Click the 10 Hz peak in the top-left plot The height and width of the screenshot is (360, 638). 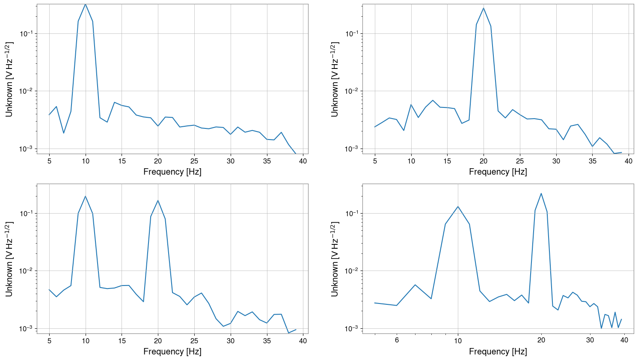pyautogui.click(x=86, y=5)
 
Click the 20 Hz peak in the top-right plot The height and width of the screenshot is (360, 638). pyautogui.click(x=484, y=8)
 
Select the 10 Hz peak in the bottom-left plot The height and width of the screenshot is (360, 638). pyautogui.click(x=86, y=196)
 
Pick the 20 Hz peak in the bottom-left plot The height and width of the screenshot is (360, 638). pyautogui.click(x=158, y=200)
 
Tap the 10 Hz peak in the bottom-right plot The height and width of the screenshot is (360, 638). pyautogui.click(x=458, y=207)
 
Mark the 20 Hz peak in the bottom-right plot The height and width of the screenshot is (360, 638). pyautogui.click(x=541, y=193)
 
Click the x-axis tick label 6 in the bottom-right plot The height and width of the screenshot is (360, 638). pyautogui.click(x=397, y=340)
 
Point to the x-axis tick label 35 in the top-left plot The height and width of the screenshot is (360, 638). pyautogui.click(x=267, y=161)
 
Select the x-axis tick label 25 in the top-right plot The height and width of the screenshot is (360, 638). pyautogui.click(x=520, y=161)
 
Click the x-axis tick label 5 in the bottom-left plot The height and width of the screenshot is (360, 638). pyautogui.click(x=49, y=341)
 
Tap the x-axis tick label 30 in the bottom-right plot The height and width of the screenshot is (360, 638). pyautogui.click(x=590, y=340)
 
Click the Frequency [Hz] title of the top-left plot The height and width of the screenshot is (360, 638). pyautogui.click(x=172, y=172)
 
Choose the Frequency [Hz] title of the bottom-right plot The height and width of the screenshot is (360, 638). pyautogui.click(x=498, y=352)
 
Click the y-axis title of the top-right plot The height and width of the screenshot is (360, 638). pyautogui.click(x=335, y=79)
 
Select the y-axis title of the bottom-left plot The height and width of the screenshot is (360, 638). pyautogui.click(x=9, y=259)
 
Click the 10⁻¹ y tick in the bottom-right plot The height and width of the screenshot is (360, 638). pyautogui.click(x=351, y=213)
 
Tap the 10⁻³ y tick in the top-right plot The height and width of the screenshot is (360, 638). pyautogui.click(x=351, y=149)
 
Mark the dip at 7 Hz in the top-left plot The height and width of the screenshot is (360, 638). pyautogui.click(x=64, y=133)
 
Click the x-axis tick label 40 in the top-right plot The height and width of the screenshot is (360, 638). pyautogui.click(x=629, y=161)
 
